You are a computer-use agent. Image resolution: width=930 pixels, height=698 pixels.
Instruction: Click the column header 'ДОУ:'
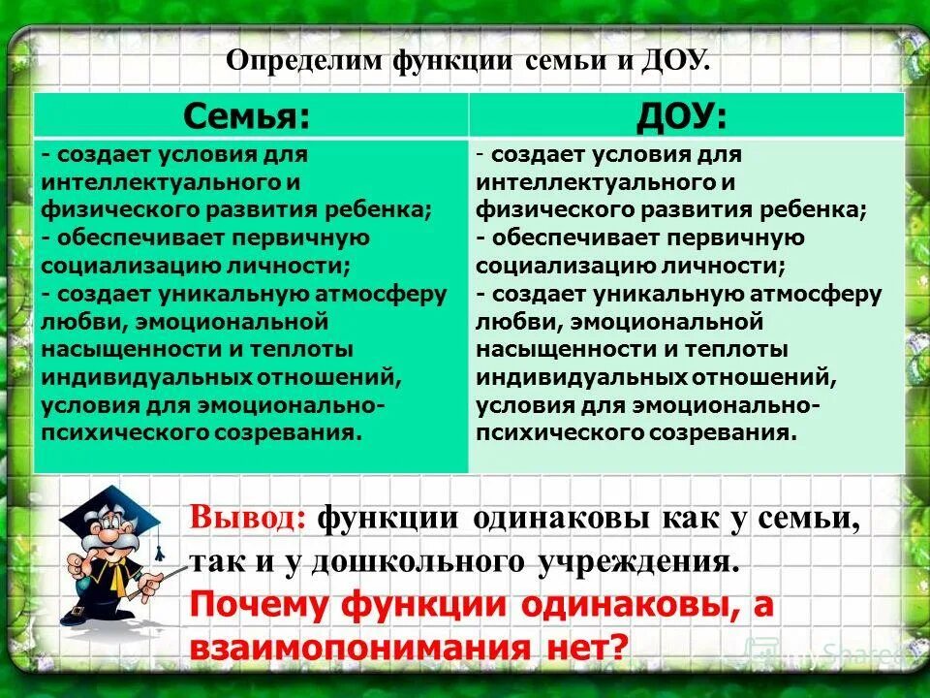click(x=687, y=116)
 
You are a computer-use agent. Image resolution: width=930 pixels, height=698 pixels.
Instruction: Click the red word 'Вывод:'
click(x=248, y=518)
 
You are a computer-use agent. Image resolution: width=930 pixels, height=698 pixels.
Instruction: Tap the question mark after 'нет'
click(x=617, y=647)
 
